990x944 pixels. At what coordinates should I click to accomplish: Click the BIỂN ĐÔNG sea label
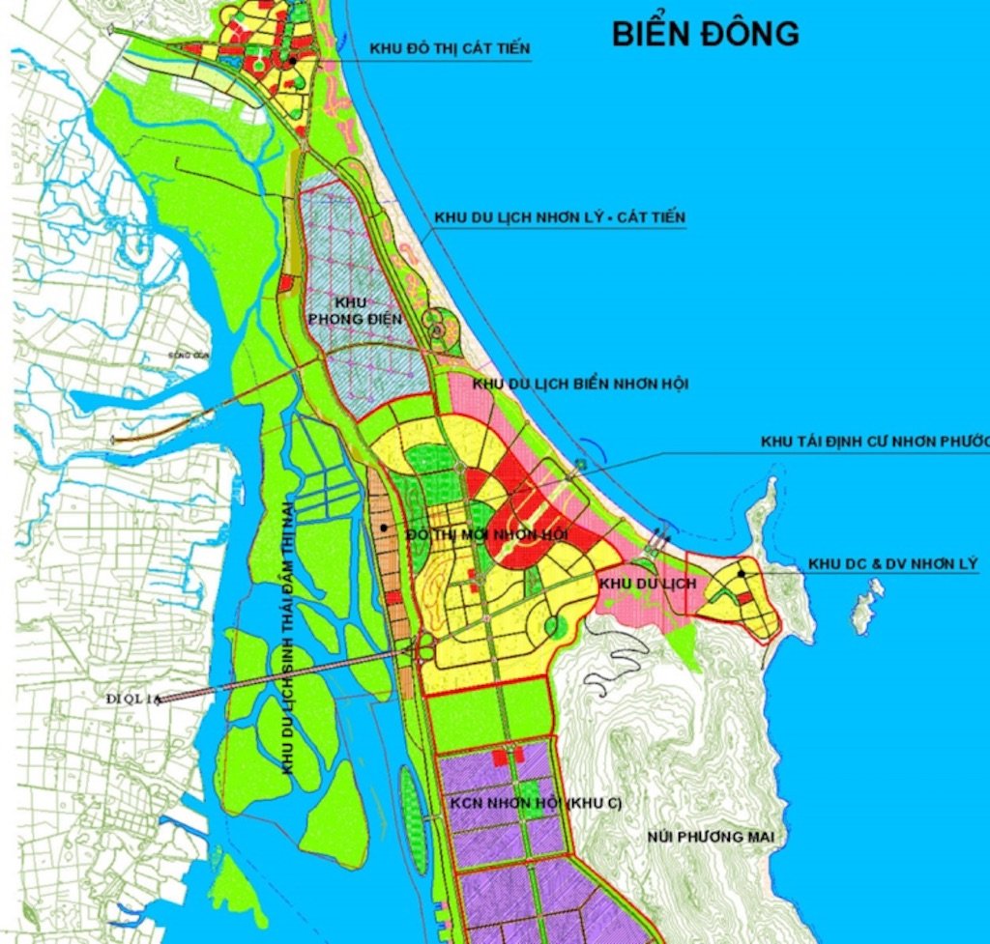(x=705, y=33)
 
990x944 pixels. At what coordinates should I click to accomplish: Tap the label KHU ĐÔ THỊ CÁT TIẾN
(x=450, y=48)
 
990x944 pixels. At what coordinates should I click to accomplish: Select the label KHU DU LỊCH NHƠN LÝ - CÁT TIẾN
(x=560, y=217)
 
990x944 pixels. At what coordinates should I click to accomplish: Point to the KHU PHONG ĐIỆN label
(x=353, y=310)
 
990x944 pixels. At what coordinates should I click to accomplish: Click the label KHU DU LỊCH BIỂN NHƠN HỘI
(x=580, y=384)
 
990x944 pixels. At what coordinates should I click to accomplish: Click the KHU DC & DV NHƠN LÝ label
(x=892, y=563)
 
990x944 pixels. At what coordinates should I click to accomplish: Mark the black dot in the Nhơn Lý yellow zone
(x=742, y=573)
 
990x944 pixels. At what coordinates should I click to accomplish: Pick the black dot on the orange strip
(x=385, y=527)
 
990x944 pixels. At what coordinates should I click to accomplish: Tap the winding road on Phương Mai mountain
(x=619, y=667)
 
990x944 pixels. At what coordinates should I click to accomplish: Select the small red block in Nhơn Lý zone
(x=746, y=598)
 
